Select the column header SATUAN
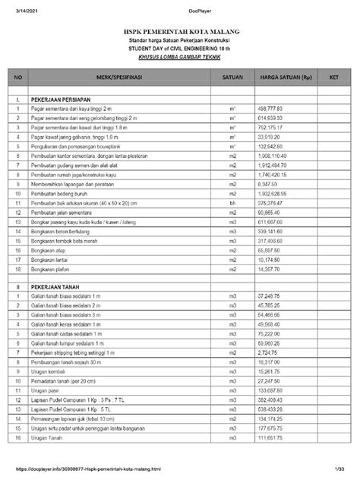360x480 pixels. pos(232,78)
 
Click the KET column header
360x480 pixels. pos(332,78)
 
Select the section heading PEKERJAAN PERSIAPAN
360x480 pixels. pos(62,99)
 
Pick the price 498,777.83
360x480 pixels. pos(271,109)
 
